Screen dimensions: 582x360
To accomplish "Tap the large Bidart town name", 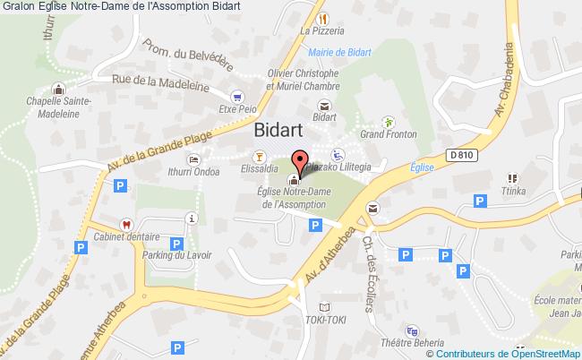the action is coord(284,130).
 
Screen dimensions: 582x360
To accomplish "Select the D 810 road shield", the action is coord(461,155).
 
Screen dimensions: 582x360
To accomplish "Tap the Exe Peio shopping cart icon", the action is coord(236,96).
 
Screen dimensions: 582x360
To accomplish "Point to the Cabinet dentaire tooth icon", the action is coord(128,225).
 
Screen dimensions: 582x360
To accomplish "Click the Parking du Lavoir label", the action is coord(177,254).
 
